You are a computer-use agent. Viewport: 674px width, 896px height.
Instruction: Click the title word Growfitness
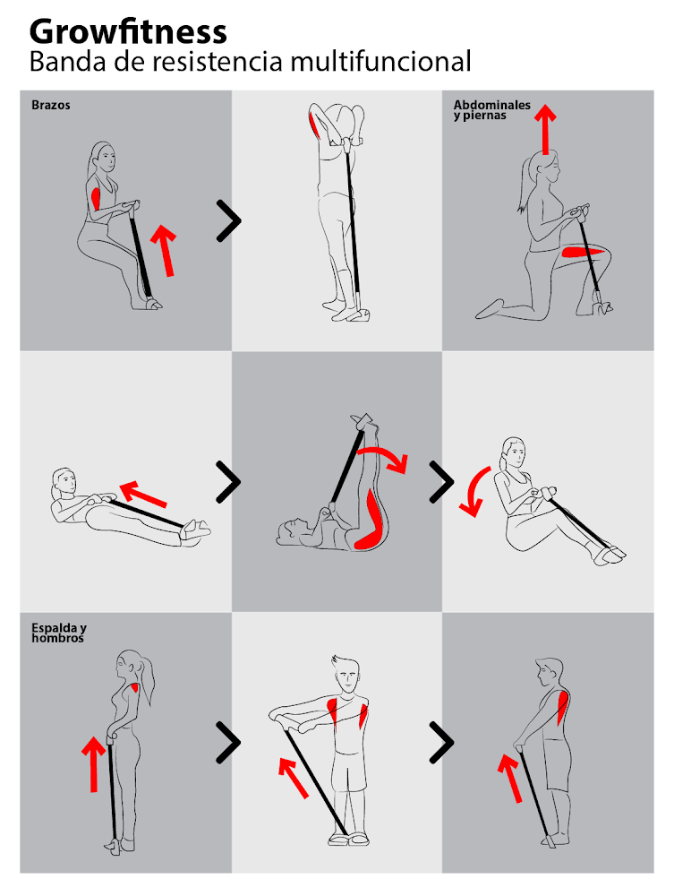[x=128, y=31]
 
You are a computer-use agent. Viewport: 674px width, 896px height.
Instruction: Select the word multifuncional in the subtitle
[x=380, y=61]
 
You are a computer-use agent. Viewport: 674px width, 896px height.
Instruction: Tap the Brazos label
[x=51, y=105]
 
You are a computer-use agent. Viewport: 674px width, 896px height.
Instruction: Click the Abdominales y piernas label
[x=492, y=109]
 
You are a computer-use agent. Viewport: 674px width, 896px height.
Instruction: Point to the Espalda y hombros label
[x=59, y=633]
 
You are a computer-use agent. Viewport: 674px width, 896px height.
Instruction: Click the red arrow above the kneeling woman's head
[x=546, y=129]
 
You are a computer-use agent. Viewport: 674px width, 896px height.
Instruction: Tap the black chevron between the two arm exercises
[x=229, y=220]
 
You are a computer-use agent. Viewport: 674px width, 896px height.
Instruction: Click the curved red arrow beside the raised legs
[x=383, y=458]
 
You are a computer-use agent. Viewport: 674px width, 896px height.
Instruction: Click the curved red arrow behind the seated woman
[x=474, y=491]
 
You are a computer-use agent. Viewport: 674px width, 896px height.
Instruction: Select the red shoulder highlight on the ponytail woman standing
[x=135, y=687]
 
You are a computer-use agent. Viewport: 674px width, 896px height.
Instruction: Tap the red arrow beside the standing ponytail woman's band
[x=94, y=764]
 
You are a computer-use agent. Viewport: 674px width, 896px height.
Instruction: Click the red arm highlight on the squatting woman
[x=96, y=198]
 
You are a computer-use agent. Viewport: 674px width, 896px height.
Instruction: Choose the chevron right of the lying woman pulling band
[x=228, y=482]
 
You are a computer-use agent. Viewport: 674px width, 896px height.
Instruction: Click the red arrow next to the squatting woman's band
[x=164, y=250]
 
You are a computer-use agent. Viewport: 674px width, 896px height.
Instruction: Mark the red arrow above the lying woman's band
[x=143, y=494]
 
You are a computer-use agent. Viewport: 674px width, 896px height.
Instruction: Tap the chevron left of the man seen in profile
[x=441, y=742]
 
